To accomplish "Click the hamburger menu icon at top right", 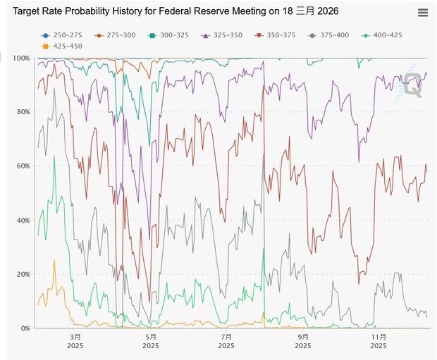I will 422,13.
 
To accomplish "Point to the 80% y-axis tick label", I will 21,112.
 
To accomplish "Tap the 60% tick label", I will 21,166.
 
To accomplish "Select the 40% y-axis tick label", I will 21,221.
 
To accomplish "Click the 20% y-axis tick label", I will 21,274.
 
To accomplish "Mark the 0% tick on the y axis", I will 23,328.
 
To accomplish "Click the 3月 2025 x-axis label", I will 75,341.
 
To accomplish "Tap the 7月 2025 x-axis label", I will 227,341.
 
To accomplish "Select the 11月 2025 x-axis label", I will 378,341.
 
